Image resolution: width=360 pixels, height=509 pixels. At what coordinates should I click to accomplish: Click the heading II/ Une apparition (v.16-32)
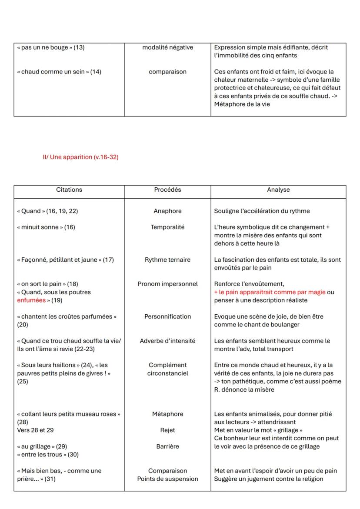pos(80,157)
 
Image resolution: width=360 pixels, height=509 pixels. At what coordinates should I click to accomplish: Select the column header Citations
pos(69,190)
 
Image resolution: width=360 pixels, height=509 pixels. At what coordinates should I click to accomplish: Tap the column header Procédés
pos(167,190)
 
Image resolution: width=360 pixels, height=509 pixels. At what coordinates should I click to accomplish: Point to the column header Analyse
pos(278,190)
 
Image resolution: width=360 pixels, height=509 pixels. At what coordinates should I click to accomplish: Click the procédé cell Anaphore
pos(167,211)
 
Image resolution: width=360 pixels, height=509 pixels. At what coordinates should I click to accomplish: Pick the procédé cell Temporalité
pos(167,227)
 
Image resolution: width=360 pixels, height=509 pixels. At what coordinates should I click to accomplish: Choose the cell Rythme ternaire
pos(167,260)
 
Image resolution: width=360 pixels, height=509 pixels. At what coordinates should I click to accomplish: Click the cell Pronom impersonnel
pos(167,284)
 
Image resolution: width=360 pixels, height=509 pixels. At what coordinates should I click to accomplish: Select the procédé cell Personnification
pos(167,317)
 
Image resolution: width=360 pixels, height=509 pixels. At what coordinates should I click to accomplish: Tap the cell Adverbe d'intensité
pos(167,341)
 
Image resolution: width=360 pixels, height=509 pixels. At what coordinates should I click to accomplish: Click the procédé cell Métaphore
pos(167,414)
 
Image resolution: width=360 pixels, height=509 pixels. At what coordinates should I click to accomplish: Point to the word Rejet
pos(167,430)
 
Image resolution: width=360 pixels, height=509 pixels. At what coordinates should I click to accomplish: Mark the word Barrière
pos(167,446)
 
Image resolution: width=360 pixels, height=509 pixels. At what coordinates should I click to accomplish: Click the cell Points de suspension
pos(167,479)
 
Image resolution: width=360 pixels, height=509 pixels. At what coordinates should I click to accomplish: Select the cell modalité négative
pos(167,47)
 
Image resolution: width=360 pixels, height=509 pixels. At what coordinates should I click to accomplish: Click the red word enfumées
pos(31,300)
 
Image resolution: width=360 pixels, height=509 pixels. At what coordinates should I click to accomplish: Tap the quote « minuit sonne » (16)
pos(46,227)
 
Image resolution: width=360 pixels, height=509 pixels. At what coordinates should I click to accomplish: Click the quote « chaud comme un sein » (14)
pos(59,72)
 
